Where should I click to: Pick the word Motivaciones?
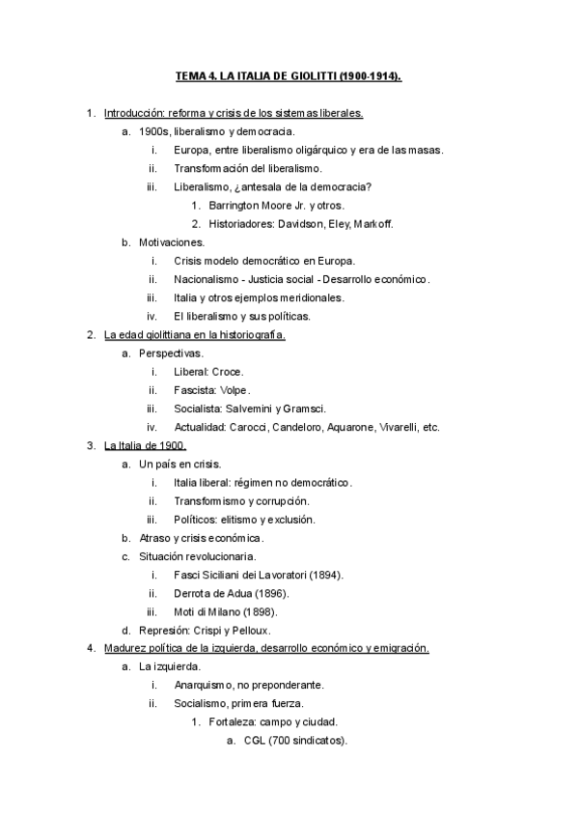click(172, 242)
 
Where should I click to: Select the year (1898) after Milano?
click(267, 611)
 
